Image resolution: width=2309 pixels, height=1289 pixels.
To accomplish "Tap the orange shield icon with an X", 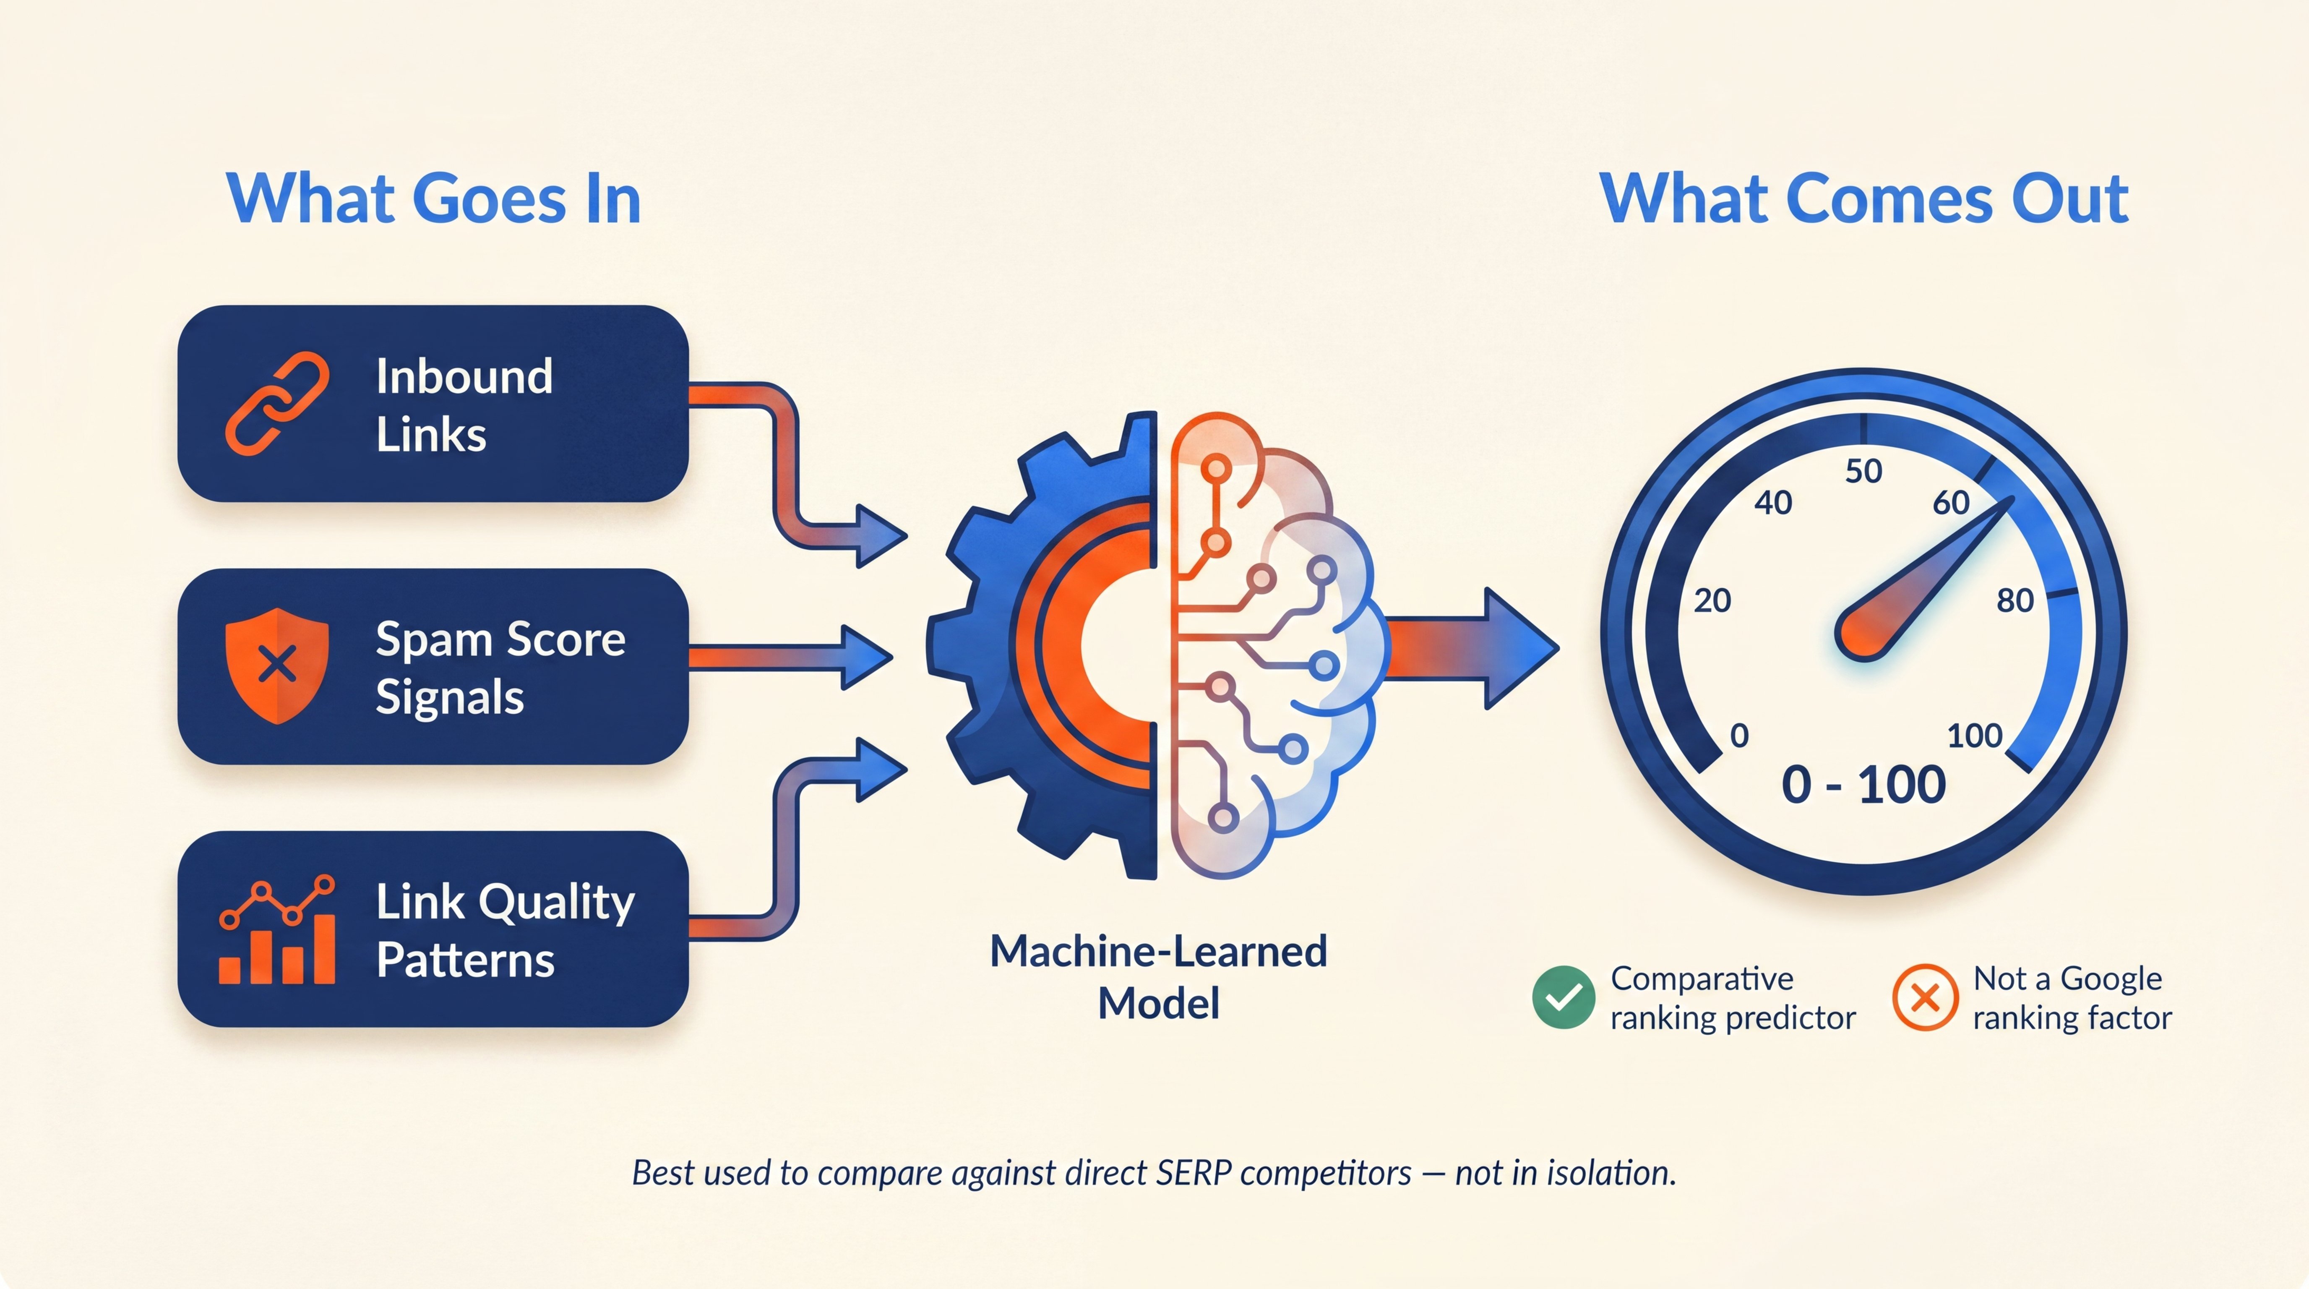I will [277, 665].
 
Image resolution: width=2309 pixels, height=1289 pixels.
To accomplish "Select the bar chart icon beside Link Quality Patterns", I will [277, 932].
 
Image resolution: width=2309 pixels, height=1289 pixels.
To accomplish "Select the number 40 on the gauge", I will [1773, 503].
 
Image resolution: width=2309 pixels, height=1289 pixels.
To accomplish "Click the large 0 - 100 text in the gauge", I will [1863, 785].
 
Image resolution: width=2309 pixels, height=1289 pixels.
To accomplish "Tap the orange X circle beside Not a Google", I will [1924, 997].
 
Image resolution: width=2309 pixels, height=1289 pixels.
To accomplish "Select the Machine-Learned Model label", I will [1158, 977].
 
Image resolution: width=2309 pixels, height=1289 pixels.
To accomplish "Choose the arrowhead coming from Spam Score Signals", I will [865, 657].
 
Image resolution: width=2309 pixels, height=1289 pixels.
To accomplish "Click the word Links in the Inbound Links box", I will [431, 435].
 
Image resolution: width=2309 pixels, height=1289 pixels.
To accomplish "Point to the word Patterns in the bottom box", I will [465, 960].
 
